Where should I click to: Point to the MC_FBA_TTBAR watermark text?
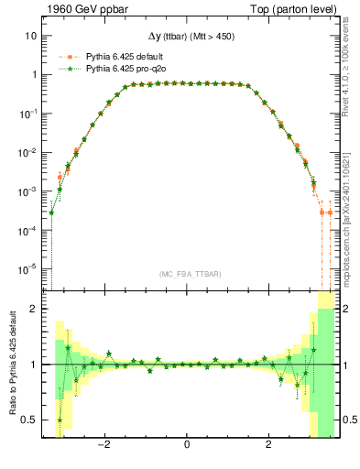click(187, 273)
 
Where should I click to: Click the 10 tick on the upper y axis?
click(31, 36)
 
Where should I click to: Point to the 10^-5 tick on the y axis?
click(28, 268)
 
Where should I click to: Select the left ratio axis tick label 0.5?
click(29, 420)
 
